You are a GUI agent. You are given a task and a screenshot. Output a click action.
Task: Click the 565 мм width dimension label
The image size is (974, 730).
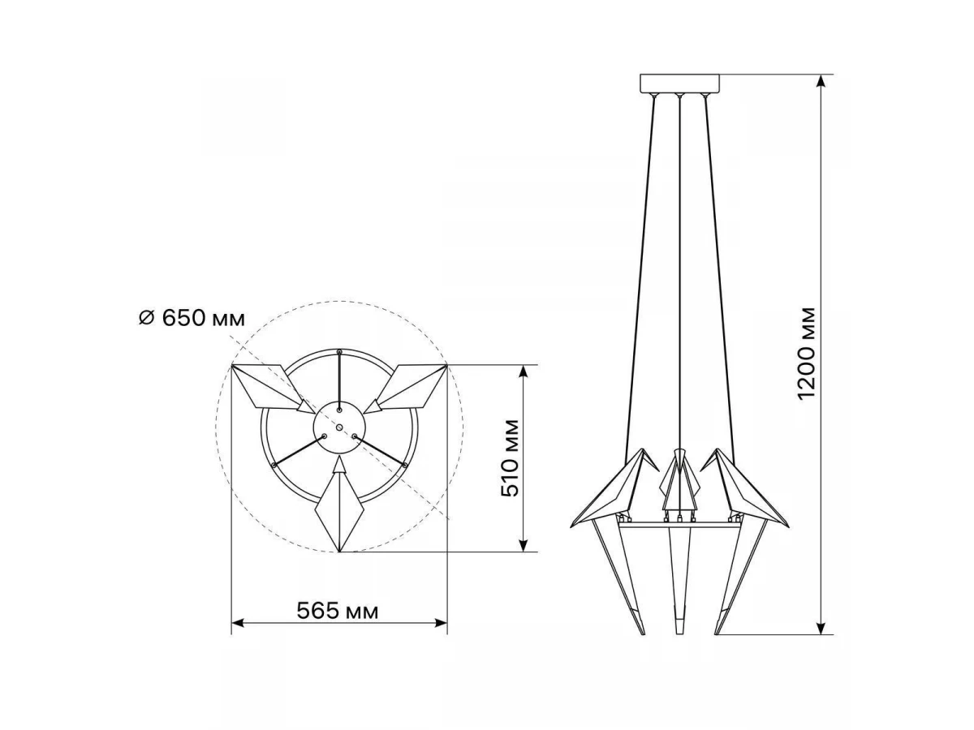point(337,612)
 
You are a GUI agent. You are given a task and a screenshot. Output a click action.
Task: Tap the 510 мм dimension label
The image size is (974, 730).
point(510,457)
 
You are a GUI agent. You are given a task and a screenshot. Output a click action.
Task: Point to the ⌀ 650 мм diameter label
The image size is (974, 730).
point(192,318)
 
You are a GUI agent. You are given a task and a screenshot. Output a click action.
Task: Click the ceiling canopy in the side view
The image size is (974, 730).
point(679,83)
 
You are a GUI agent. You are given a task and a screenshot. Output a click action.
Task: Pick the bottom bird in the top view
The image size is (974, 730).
point(339,505)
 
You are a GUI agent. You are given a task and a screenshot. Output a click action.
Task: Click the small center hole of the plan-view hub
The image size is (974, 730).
point(339,427)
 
